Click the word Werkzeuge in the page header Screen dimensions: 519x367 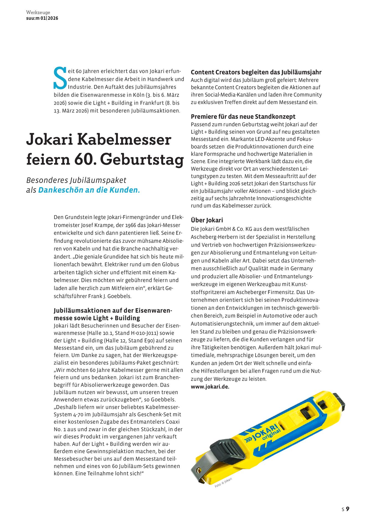[x=38, y=12]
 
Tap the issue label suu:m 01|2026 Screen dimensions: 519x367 [x=42, y=18]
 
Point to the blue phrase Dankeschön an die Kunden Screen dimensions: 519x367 [x=89, y=190]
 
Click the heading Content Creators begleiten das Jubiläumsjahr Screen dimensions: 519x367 [x=256, y=72]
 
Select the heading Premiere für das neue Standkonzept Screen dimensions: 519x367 [x=243, y=117]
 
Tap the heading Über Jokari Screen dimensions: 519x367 [x=207, y=220]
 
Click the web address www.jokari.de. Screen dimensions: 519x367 [x=210, y=387]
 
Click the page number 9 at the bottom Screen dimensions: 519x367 [x=348, y=509]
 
